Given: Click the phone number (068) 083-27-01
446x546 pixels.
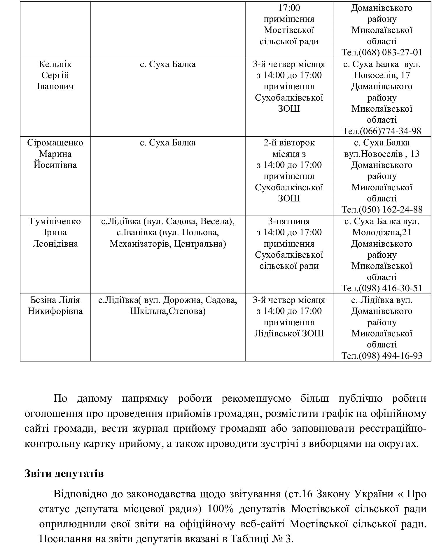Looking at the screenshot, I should point(391,52).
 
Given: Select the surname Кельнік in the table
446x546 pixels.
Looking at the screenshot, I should point(55,64).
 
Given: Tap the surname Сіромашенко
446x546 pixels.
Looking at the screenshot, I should point(55,143).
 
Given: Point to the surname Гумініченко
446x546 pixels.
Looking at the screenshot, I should point(55,222).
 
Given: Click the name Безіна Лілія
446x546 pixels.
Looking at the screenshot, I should point(55,300).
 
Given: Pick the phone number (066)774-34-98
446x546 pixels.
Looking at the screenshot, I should point(391,131).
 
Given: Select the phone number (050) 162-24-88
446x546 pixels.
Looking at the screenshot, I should point(391,210).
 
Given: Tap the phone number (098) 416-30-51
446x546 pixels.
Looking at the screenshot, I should point(391,288).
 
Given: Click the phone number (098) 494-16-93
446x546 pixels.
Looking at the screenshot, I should point(391,356).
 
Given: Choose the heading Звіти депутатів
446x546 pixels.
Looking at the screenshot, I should point(64,473).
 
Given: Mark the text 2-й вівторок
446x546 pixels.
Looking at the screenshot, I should point(289,143).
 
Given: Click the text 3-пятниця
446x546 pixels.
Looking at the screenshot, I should point(289,222).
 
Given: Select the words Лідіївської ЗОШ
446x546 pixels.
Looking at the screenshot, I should point(289,333).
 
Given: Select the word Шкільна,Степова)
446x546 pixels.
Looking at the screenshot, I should point(168,311).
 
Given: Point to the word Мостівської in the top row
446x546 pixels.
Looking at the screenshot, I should point(289,30).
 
